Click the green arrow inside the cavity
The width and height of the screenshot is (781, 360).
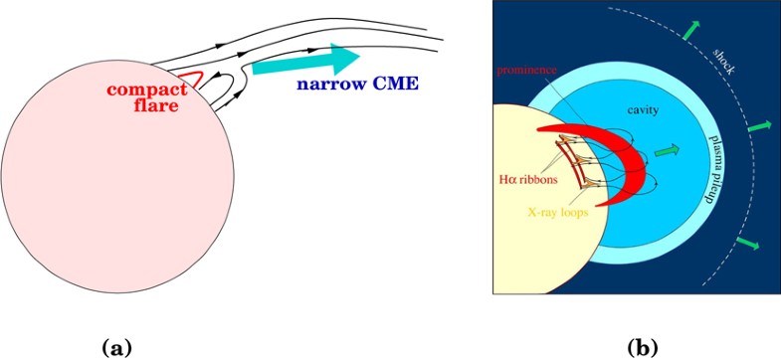(668, 151)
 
